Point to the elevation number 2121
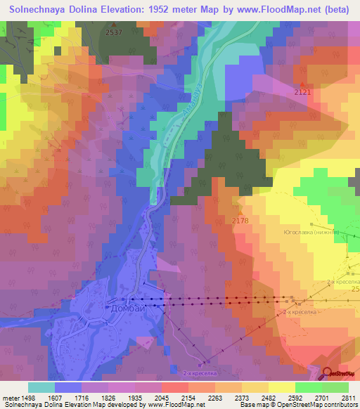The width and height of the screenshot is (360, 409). (302, 92)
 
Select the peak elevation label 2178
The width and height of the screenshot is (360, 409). (240, 221)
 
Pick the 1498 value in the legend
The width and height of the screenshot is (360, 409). (28, 397)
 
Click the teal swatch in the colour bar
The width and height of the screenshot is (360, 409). (41, 387)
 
